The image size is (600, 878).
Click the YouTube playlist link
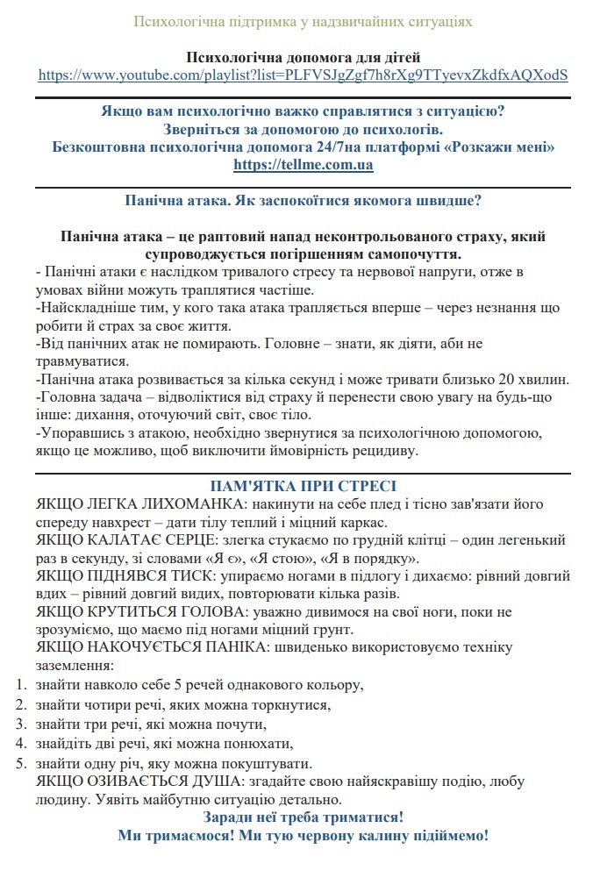click(x=303, y=75)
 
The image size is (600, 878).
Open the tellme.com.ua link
click(x=303, y=164)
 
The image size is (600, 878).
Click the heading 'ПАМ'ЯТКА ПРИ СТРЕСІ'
click(x=303, y=485)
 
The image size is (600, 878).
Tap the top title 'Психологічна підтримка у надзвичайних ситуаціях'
click(x=303, y=20)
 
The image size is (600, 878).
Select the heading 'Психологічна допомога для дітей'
click(x=303, y=58)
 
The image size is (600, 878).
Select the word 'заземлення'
click(x=80, y=666)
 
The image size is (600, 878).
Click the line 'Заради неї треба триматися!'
click(x=303, y=817)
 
